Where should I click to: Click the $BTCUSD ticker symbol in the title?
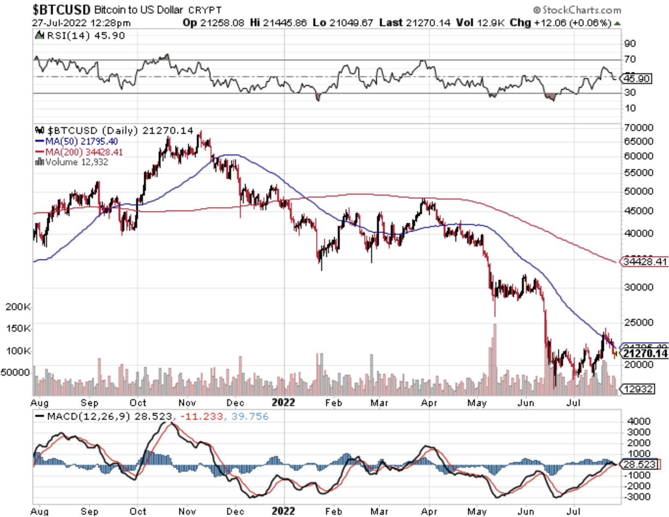click(61, 9)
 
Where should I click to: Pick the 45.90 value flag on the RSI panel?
click(637, 78)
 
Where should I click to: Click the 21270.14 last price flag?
click(645, 353)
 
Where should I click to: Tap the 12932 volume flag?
click(639, 389)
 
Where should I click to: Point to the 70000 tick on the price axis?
click(639, 128)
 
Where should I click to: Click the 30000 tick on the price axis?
click(639, 287)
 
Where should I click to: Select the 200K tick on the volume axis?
click(18, 307)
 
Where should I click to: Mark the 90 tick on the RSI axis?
click(630, 44)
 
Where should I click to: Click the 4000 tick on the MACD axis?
click(639, 421)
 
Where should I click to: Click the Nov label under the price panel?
click(187, 403)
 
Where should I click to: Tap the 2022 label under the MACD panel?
click(283, 511)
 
